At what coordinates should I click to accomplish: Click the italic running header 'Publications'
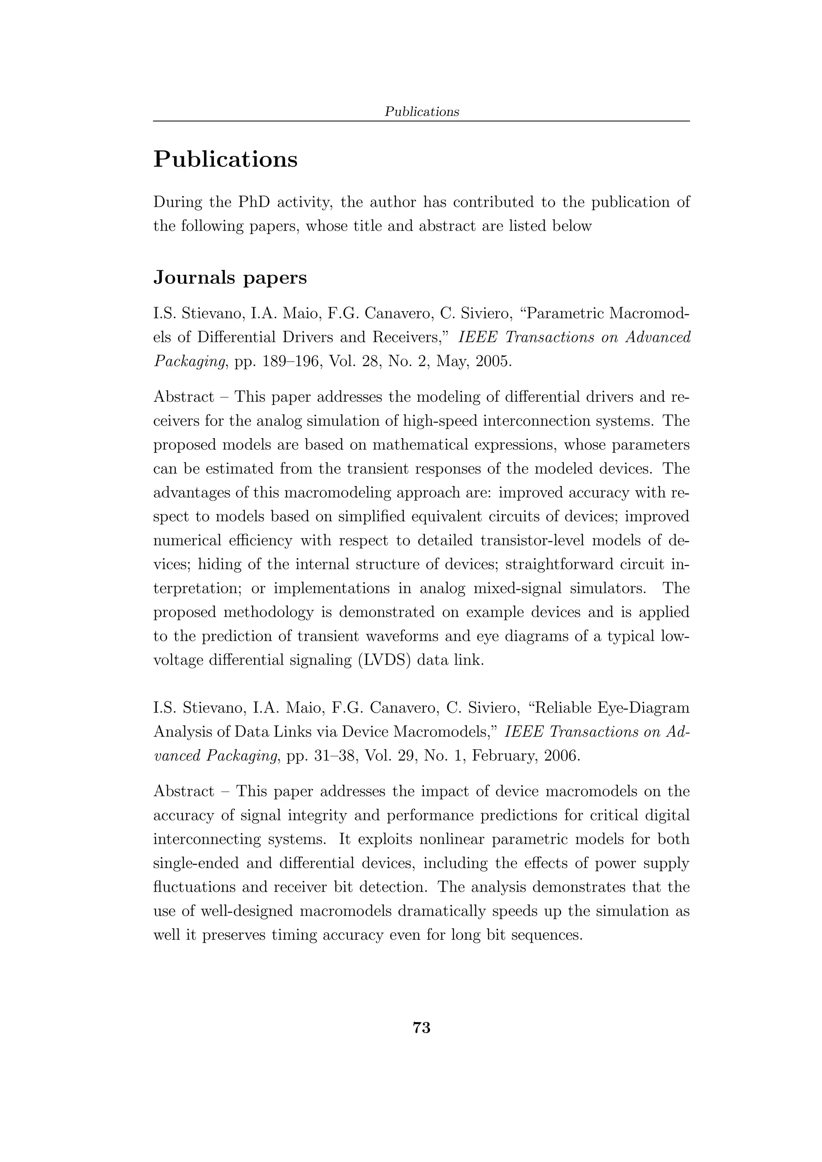pos(421,112)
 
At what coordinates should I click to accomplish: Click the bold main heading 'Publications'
pos(226,160)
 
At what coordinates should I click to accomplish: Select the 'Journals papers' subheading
pos(230,278)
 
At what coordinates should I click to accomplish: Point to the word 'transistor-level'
pos(532,541)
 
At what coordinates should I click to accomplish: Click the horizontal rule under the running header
pos(421,121)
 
